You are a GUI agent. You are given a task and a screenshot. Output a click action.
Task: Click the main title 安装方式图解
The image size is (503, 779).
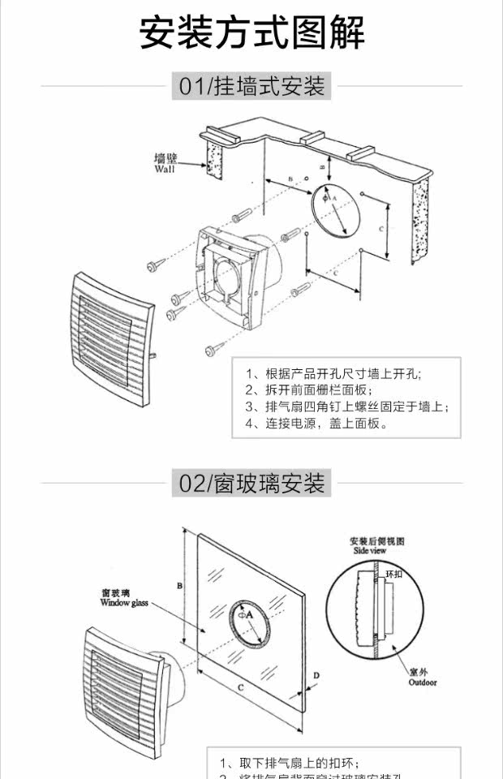pyautogui.click(x=251, y=32)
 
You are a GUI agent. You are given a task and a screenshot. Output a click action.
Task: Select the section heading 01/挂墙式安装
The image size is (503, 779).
pyautogui.click(x=251, y=86)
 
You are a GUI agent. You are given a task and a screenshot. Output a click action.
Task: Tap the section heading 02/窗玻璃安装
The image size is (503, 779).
pyautogui.click(x=251, y=484)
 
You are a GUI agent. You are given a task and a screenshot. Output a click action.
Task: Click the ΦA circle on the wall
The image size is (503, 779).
pyautogui.click(x=336, y=202)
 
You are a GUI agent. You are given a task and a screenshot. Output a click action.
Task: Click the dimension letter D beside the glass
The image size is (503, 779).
pyautogui.click(x=316, y=675)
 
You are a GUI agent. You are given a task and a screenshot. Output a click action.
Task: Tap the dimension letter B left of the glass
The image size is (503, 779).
pyautogui.click(x=180, y=585)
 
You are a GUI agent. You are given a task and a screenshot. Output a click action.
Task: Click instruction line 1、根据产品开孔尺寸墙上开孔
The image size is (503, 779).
pyautogui.click(x=333, y=374)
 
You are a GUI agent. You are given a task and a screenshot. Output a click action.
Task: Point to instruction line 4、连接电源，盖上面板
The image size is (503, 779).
pyautogui.click(x=316, y=424)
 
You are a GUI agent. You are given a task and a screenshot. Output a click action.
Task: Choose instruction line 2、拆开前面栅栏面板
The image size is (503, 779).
pyautogui.click(x=308, y=390)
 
